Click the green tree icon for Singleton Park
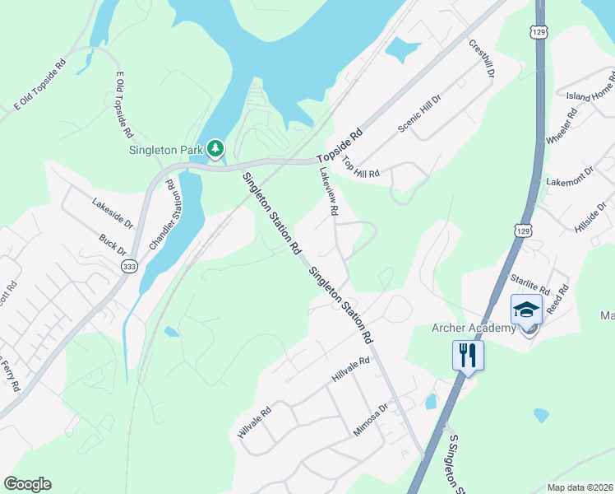(215, 148)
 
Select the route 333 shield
(129, 267)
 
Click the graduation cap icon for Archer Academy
(526, 310)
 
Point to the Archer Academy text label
(474, 329)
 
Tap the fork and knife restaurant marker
(468, 356)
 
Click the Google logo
(27, 484)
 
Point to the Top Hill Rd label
(362, 167)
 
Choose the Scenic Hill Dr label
(419, 113)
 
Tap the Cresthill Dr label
(482, 58)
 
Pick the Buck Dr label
(112, 245)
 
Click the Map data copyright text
(580, 487)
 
